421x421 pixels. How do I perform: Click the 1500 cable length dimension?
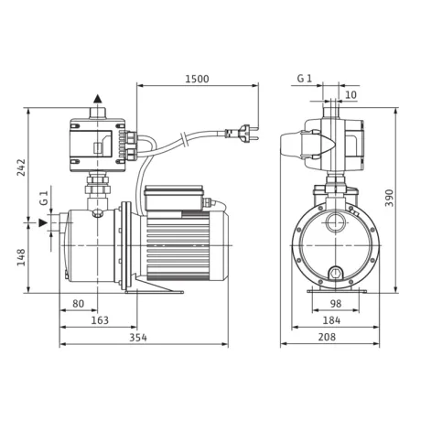point(197,79)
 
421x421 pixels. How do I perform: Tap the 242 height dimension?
point(22,167)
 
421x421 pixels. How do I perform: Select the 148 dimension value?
point(21,257)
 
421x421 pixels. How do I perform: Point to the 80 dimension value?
point(78,304)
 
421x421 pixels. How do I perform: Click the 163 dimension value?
point(100,320)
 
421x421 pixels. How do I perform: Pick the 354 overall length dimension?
point(138,338)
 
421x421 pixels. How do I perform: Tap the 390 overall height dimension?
point(389,198)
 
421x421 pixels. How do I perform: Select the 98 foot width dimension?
point(336,304)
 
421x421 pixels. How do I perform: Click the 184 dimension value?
point(331,320)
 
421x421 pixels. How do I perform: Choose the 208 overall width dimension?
point(327,337)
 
